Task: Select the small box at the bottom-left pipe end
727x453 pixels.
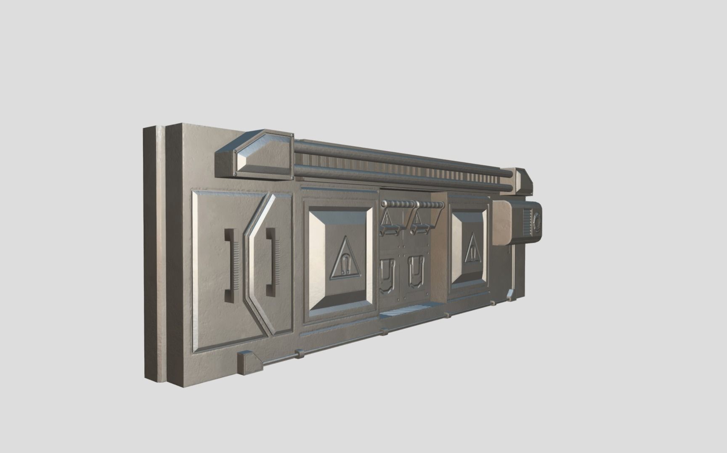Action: [x=249, y=363]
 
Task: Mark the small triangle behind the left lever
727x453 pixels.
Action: [x=386, y=219]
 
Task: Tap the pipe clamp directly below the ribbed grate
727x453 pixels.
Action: [x=384, y=332]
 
